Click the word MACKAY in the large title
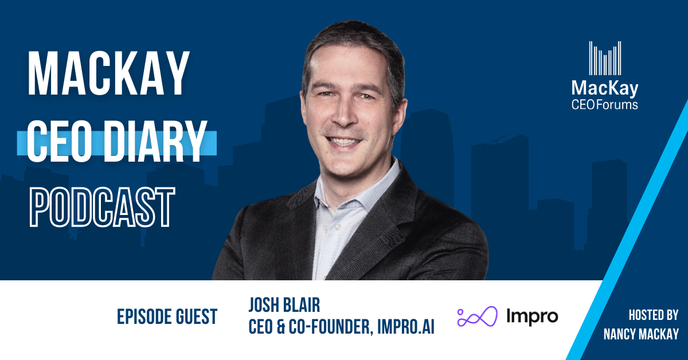tap(108, 76)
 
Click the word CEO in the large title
tap(58, 140)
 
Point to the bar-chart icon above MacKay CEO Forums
tap(605, 58)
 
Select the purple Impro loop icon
tap(475, 316)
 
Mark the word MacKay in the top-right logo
tap(605, 89)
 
